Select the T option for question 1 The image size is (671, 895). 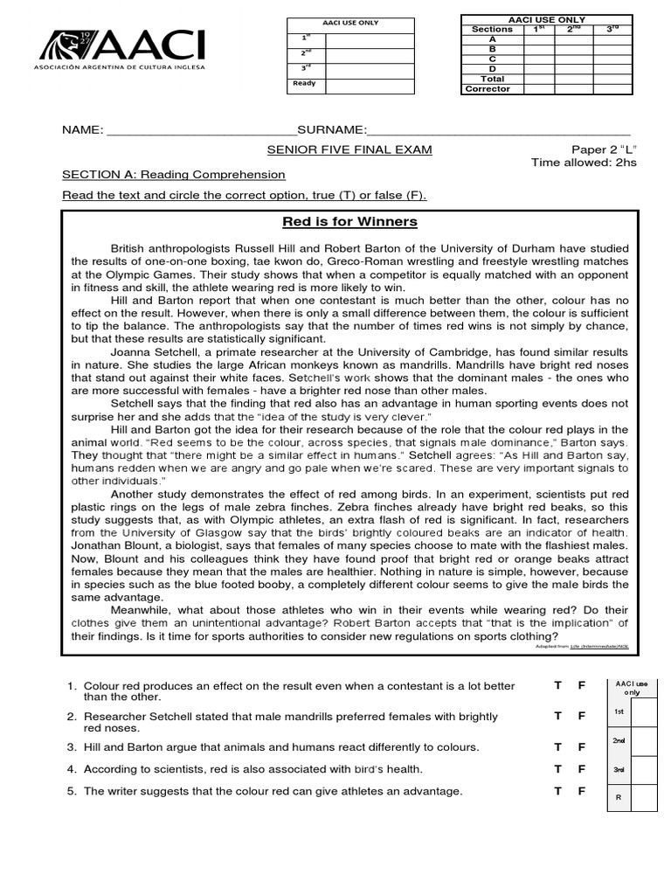click(557, 685)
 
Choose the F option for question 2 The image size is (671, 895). click(581, 716)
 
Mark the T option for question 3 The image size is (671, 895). click(557, 747)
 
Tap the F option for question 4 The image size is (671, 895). click(581, 769)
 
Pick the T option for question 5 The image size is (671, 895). click(557, 791)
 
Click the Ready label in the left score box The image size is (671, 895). click(303, 84)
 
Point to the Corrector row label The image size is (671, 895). click(488, 89)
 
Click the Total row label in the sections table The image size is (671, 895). click(493, 79)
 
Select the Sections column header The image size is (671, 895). click(492, 29)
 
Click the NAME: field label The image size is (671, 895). click(82, 130)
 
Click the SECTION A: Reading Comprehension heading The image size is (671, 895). click(173, 175)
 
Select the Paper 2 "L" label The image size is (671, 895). click(604, 149)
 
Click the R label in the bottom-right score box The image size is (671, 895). click(619, 797)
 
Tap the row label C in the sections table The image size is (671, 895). click(493, 59)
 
